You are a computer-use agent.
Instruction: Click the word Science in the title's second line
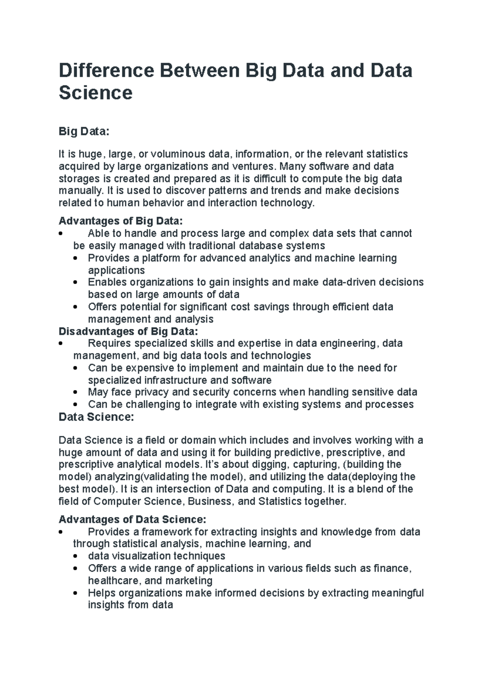[x=95, y=93]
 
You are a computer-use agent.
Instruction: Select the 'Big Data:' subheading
[x=84, y=131]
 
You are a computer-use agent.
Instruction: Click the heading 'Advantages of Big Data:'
[x=121, y=221]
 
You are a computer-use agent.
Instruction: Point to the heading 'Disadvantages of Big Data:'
[x=129, y=331]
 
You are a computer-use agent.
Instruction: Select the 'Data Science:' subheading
[x=96, y=417]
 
